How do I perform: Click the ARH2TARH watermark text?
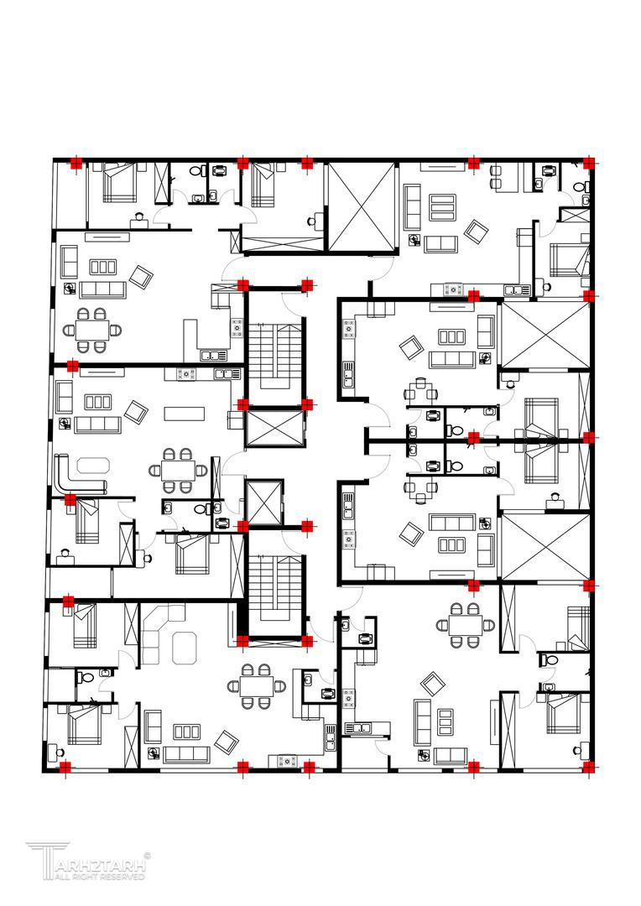100,866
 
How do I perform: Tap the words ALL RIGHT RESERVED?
100,877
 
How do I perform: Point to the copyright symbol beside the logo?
147,856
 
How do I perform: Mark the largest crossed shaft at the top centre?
362,207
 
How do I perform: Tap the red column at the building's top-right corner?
589,163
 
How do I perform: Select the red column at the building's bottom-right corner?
589,768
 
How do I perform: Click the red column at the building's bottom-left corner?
65,768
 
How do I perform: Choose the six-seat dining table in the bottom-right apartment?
466,625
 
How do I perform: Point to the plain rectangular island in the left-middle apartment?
185,414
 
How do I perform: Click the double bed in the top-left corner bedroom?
120,182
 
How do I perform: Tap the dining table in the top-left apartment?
92,331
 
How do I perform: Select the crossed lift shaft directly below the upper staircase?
274,429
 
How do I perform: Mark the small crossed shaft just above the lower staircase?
264,502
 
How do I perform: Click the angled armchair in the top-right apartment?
477,232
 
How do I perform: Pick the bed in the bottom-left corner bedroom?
85,724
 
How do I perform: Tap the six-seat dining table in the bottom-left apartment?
257,686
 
